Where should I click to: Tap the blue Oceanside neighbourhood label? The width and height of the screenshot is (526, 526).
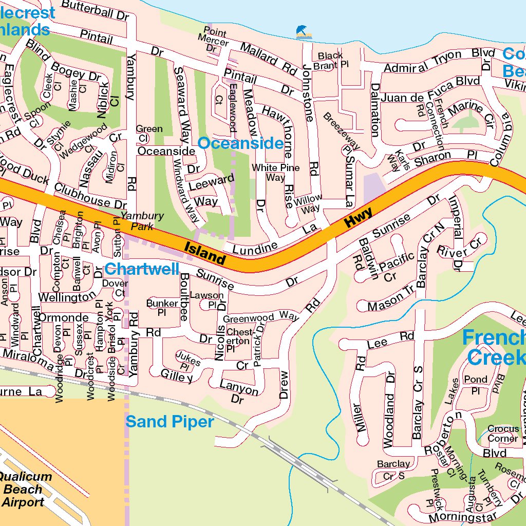coord(240,143)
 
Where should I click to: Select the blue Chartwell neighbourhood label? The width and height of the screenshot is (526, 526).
coord(142,269)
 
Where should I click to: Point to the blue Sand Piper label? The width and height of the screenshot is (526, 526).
coord(170,422)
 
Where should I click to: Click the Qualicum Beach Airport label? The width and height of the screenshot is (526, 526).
coord(25,489)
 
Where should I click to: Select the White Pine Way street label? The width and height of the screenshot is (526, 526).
coord(275,173)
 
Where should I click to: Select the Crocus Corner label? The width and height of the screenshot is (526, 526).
coord(503,434)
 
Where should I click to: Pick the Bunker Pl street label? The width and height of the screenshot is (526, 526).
coord(162,308)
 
